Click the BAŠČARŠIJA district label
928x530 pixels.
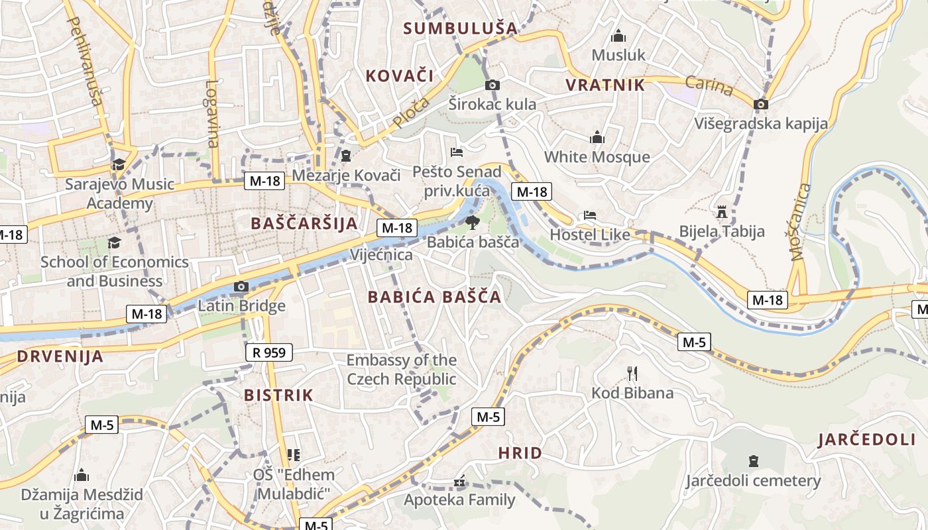click(304, 223)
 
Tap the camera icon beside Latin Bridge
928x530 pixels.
click(241, 287)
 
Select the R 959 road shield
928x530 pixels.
click(269, 352)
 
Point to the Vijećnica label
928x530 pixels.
click(381, 255)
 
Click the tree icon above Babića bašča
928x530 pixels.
click(472, 222)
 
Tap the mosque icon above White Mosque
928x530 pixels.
click(597, 137)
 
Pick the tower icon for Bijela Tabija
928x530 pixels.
click(722, 212)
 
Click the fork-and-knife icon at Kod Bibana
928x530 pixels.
click(632, 374)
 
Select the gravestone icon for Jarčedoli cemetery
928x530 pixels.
click(753, 460)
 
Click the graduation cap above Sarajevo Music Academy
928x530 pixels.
click(119, 164)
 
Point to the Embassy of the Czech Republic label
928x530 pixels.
click(402, 370)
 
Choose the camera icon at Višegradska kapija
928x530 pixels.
click(761, 104)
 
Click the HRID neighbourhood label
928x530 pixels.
click(520, 453)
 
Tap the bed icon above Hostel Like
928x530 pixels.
click(589, 215)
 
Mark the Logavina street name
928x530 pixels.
click(211, 113)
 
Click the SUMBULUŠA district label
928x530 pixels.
click(460, 28)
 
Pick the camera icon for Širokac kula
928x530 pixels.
click(492, 85)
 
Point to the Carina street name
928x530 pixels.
click(709, 85)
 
